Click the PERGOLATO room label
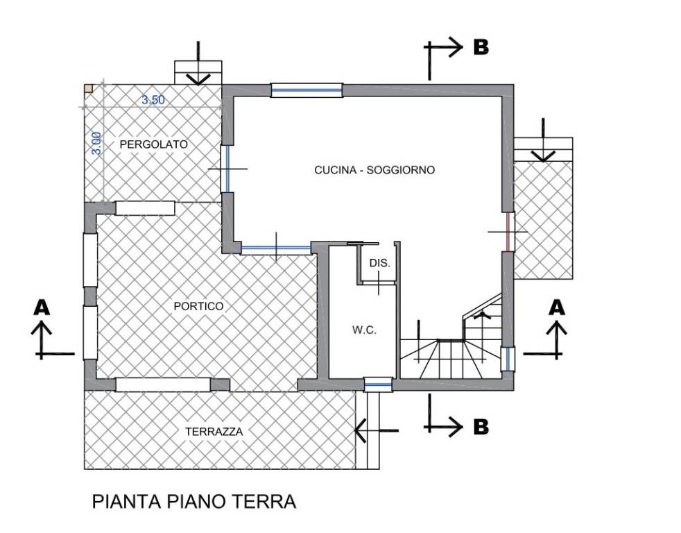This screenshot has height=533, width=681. [x=153, y=144]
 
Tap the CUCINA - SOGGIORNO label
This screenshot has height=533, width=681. [x=374, y=169]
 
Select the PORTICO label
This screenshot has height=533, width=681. [x=198, y=306]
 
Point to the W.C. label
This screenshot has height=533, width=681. [x=363, y=330]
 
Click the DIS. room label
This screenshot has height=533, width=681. [x=380, y=264]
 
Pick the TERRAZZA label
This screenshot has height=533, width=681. [x=214, y=432]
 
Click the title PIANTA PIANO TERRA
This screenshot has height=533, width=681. [x=194, y=502]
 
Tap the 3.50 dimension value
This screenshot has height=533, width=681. [x=153, y=100]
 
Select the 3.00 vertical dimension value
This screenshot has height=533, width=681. [x=96, y=143]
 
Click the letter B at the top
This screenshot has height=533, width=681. [x=481, y=46]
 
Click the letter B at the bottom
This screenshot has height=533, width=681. [x=481, y=426]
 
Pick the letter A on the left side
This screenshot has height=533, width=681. [x=42, y=306]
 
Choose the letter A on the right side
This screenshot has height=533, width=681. [x=555, y=306]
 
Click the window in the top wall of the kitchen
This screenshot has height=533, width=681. [x=307, y=90]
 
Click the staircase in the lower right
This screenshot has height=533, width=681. [x=451, y=344]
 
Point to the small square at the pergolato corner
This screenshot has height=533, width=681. [x=88, y=88]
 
